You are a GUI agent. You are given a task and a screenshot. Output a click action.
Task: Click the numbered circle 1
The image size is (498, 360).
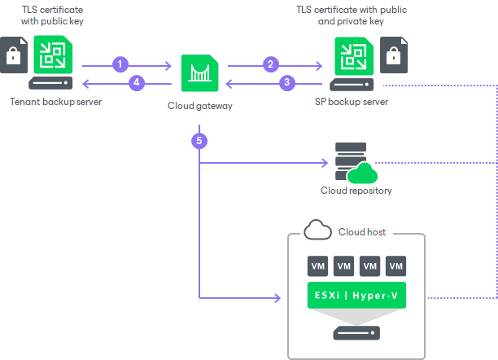coord(121,63)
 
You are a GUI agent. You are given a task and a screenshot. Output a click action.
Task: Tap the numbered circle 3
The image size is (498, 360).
coord(286,81)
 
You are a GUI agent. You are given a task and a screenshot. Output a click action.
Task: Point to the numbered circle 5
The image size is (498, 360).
coord(199,140)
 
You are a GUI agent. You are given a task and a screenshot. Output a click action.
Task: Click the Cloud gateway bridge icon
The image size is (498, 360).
coord(199,73)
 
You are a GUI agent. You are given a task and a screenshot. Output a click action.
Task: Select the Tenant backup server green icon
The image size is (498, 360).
coord(55,55)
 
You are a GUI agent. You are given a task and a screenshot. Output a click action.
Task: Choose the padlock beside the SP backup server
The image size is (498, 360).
coord(394,57)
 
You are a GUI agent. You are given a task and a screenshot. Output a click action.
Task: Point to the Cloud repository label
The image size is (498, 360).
coord(356,191)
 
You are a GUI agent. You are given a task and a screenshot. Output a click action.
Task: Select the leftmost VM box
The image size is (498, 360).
coord(318,266)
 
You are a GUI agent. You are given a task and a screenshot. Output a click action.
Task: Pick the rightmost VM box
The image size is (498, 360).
coord(395,266)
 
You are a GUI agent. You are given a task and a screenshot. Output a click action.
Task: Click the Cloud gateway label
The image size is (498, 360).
coord(199,105)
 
